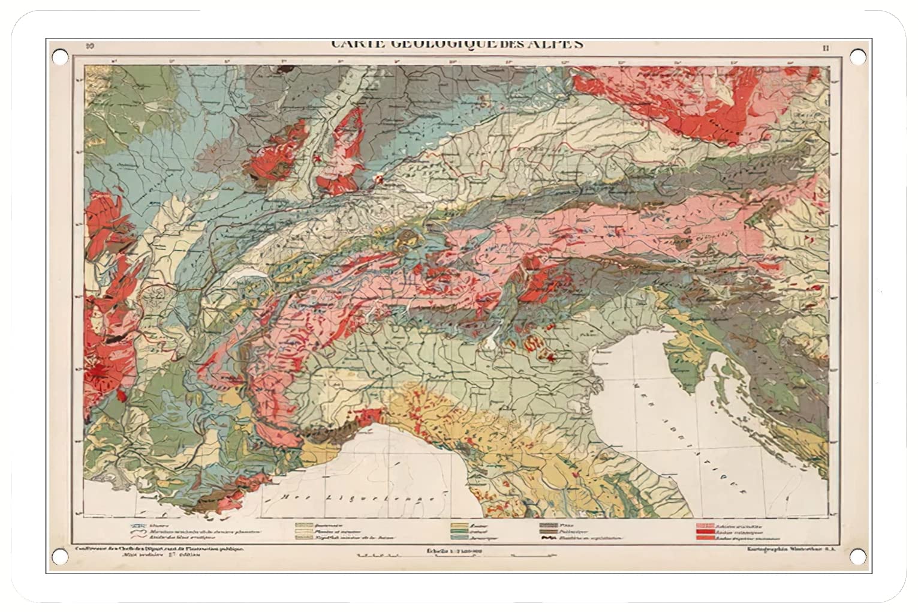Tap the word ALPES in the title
click(x=556, y=43)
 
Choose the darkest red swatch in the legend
click(x=703, y=532)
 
